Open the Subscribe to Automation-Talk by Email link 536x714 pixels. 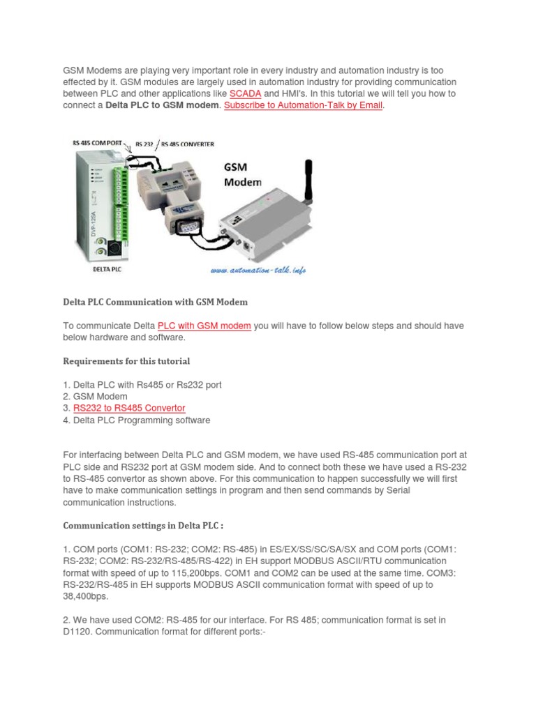click(x=304, y=105)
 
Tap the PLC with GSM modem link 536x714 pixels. click(x=204, y=326)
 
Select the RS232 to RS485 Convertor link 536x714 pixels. click(x=129, y=408)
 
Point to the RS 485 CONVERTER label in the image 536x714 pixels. click(x=187, y=144)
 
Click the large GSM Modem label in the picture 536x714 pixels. click(x=242, y=174)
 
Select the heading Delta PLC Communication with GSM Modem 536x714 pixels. click(x=155, y=302)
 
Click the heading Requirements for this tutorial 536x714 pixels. click(x=126, y=361)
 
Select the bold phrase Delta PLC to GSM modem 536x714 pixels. click(x=163, y=105)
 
